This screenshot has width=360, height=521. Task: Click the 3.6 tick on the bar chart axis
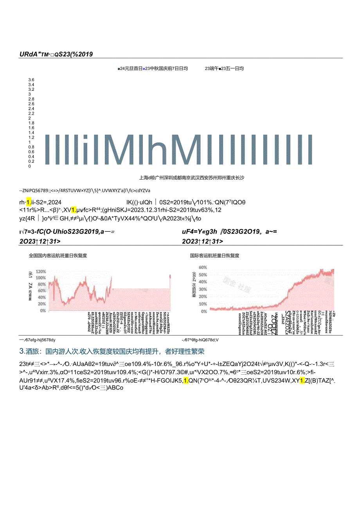pyautogui.click(x=31, y=80)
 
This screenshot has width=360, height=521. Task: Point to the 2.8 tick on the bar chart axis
pyautogui.click(x=31, y=99)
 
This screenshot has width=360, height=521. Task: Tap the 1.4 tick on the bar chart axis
pyautogui.click(x=31, y=133)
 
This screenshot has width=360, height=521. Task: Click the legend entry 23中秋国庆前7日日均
pyautogui.click(x=167, y=69)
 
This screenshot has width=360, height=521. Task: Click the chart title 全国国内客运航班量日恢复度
pyautogui.click(x=58, y=256)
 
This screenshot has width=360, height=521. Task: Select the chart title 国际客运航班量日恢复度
pyautogui.click(x=215, y=256)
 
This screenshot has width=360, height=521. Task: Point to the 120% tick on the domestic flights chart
pyautogui.click(x=41, y=272)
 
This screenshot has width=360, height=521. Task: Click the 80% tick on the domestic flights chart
pyautogui.click(x=41, y=285)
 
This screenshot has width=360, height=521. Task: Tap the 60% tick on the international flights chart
pyautogui.click(x=203, y=268)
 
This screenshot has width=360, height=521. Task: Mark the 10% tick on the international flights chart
pyautogui.click(x=203, y=304)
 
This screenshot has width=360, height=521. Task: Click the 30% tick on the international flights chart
pyautogui.click(x=203, y=290)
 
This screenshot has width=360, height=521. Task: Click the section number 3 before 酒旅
pyautogui.click(x=22, y=352)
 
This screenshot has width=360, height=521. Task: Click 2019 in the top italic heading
pyautogui.click(x=85, y=54)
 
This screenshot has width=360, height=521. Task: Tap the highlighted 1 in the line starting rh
pyautogui.click(x=29, y=203)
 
